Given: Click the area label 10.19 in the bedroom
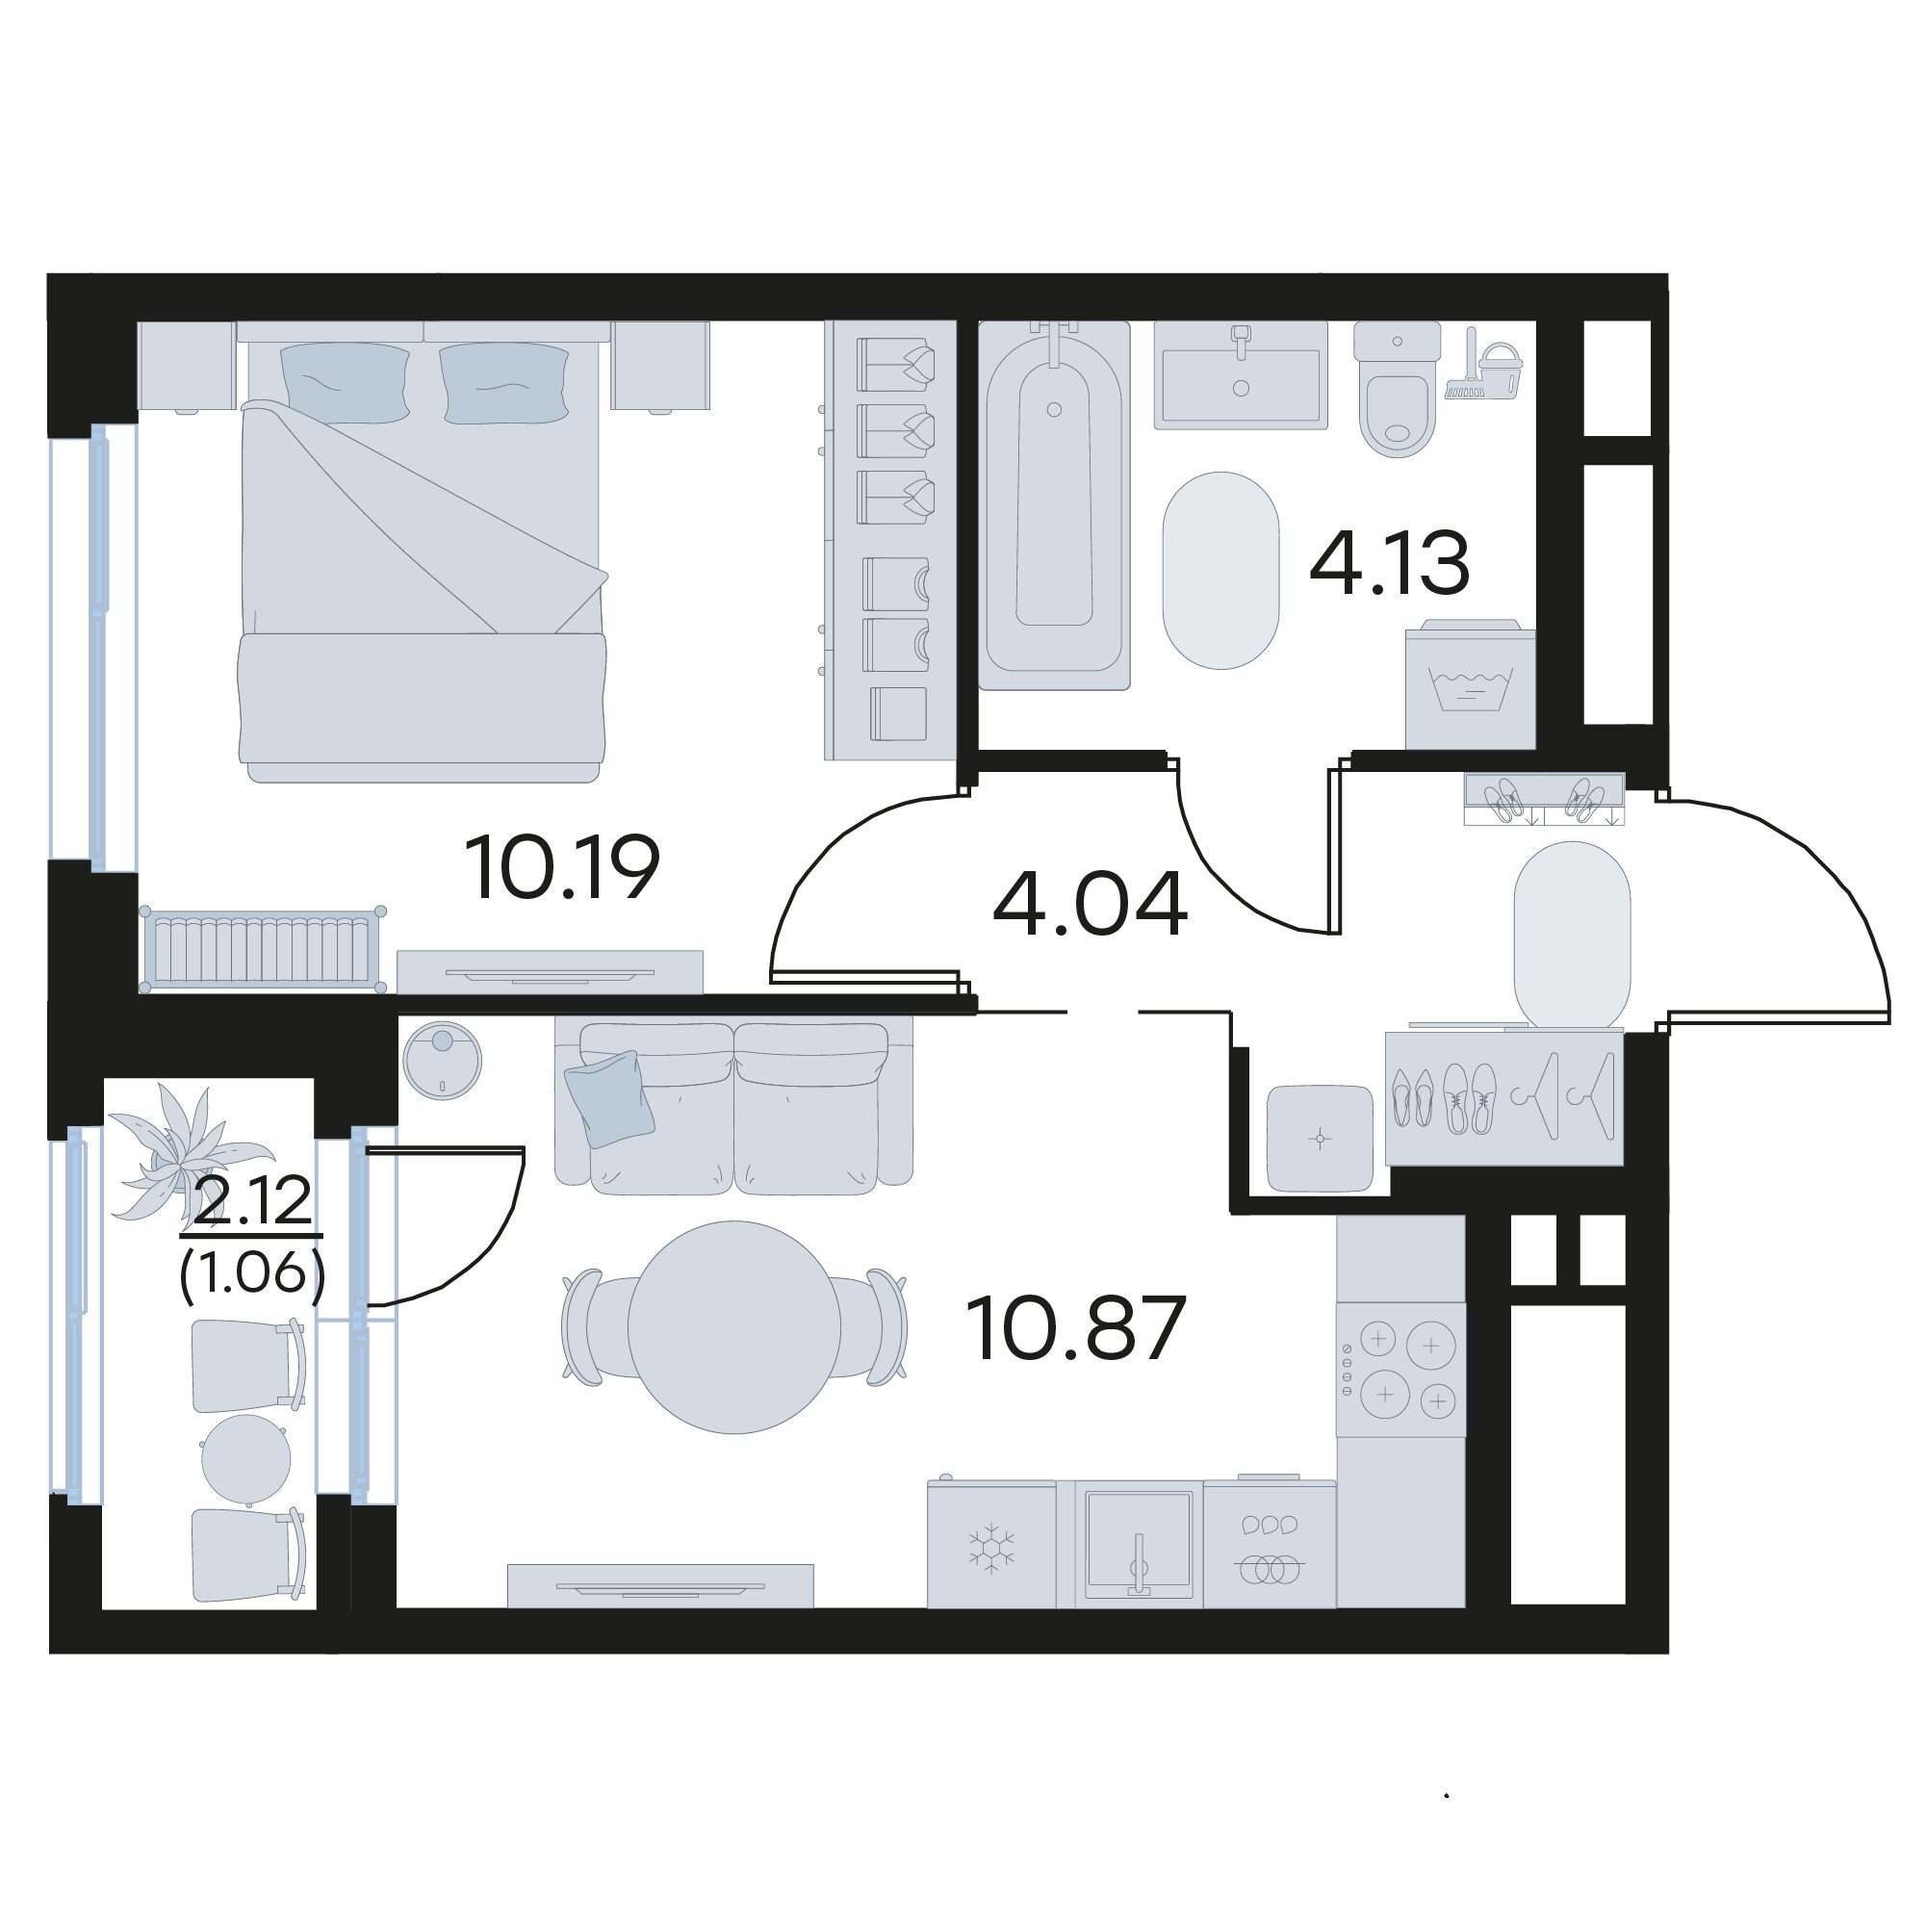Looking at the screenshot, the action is [x=562, y=866].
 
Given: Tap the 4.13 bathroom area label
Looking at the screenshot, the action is [x=1389, y=563].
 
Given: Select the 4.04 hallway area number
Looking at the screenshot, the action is [x=1090, y=903].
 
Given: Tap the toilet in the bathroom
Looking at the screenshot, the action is [x=1397, y=389].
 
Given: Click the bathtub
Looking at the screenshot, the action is [x=1054, y=504].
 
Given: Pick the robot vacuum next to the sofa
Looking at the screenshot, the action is [x=442, y=1061].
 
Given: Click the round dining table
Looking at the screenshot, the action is [x=733, y=1327].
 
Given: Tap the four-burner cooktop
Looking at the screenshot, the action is [x=1400, y=1369].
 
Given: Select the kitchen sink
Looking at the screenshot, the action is [x=1140, y=1543].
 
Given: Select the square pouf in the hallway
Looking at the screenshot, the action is [x=1320, y=1138].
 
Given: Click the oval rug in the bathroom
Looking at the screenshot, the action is [x=1220, y=570].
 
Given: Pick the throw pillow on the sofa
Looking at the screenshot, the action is [x=609, y=1097].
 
